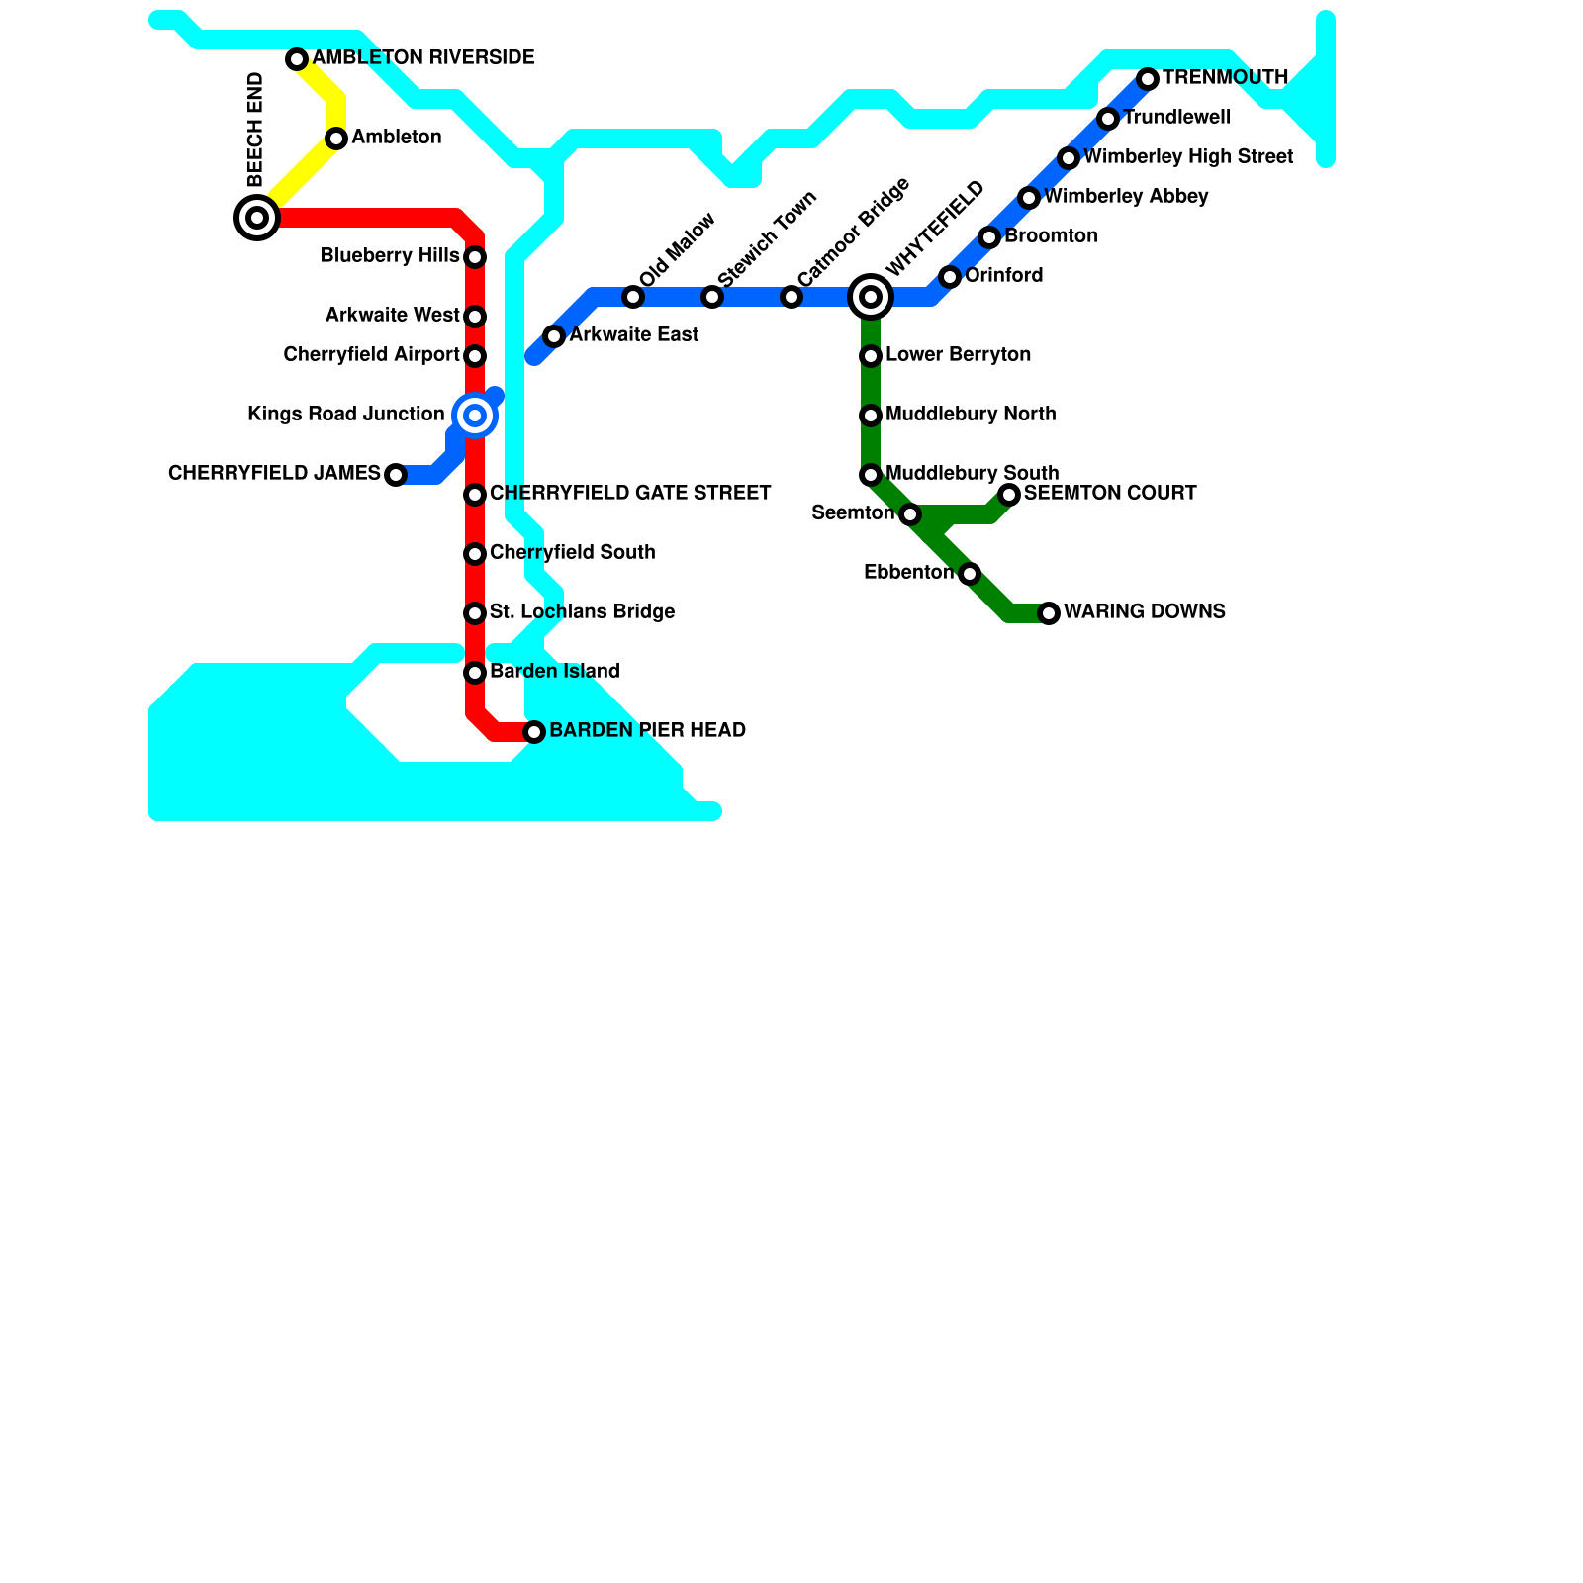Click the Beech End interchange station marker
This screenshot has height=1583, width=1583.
[x=257, y=218]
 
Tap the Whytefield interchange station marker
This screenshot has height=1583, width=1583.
[x=871, y=297]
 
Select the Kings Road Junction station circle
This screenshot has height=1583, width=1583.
[x=475, y=416]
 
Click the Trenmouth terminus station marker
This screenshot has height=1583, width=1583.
[x=1148, y=79]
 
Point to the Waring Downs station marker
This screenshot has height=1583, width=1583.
[x=1049, y=613]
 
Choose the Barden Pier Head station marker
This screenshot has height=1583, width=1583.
[x=534, y=732]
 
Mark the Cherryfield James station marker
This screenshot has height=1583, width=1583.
[x=396, y=475]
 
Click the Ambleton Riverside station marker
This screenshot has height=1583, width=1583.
[x=297, y=59]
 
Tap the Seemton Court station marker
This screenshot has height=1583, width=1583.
[x=1009, y=495]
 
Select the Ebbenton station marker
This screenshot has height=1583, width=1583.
[x=970, y=574]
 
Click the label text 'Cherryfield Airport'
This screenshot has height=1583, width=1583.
[x=371, y=355]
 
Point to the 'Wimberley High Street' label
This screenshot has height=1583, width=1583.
[x=1188, y=157]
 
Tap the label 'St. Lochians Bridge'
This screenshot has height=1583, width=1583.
[x=582, y=612]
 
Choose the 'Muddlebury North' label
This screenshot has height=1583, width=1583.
[x=971, y=415]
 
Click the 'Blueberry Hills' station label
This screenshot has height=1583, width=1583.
[x=390, y=256]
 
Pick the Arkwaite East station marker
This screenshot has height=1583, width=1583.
[x=554, y=336]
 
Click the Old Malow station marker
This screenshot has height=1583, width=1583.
[x=633, y=297]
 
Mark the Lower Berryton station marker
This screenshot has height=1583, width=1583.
[x=871, y=356]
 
